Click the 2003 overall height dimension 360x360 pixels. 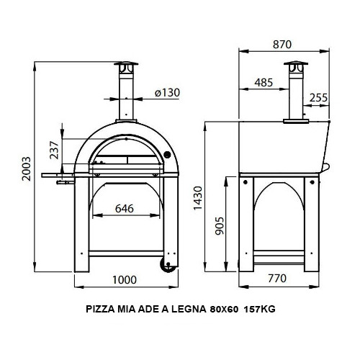click(26, 169)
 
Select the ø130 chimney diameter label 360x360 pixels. click(166, 92)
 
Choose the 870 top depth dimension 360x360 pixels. click(282, 44)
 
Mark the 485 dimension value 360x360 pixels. click(264, 83)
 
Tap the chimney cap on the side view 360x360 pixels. click(294, 68)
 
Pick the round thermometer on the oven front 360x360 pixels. click(166, 156)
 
